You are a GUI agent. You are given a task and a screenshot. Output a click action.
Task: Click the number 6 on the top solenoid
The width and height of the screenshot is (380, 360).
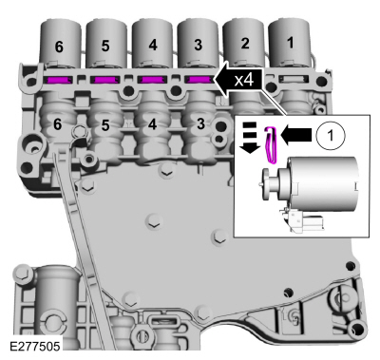pos(59,47)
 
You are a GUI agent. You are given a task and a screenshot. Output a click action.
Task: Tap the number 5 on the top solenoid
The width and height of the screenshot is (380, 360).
pos(105,46)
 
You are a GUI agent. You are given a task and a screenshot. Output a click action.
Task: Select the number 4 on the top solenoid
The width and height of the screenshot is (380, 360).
pos(153,45)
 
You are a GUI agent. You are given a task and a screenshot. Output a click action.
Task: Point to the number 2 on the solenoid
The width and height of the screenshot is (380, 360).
pos(245,43)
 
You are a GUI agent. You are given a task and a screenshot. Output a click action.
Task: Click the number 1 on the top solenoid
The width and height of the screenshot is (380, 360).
pos(290,43)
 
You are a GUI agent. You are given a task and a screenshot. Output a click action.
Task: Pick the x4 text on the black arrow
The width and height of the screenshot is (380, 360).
pos(244,81)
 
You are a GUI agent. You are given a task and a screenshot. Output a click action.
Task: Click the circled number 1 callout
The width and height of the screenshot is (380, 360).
pos(331,136)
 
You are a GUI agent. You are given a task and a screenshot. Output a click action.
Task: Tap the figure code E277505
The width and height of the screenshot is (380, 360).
pos(35,346)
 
